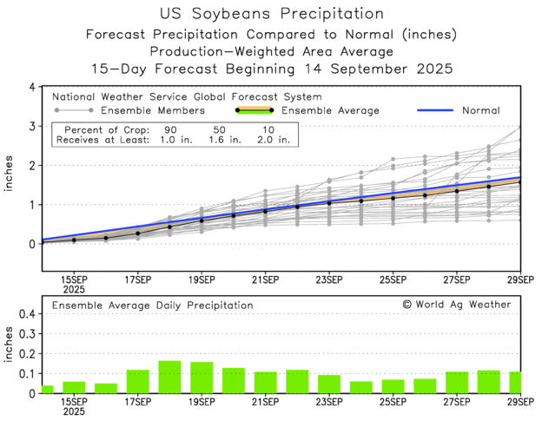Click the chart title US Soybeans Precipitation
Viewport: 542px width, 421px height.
tap(272, 14)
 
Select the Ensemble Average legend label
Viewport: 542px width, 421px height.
tap(331, 111)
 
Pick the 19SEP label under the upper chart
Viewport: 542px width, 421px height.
tap(202, 280)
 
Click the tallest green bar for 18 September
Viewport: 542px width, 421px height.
tap(169, 377)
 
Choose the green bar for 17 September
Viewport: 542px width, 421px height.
tap(138, 381)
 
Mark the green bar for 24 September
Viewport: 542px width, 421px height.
tap(360, 387)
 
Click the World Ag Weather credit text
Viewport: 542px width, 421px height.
tap(457, 305)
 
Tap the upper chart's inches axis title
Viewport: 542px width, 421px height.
tap(10, 185)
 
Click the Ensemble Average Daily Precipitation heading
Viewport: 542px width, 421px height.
tap(153, 306)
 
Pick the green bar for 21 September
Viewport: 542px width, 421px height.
tap(265, 382)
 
